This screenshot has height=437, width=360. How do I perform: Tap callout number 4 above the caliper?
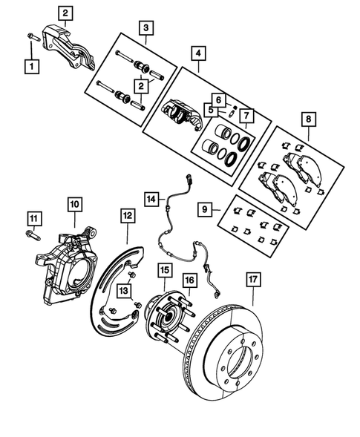pyautogui.click(x=198, y=53)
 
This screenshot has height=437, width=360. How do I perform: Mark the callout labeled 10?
pyautogui.click(x=75, y=202)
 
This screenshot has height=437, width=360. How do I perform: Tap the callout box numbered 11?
pyautogui.click(x=33, y=217)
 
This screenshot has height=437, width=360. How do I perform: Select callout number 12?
pyautogui.click(x=128, y=215)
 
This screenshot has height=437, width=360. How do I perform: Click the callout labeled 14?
pyautogui.click(x=151, y=198)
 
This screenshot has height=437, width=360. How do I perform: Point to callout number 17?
pyautogui.click(x=252, y=280)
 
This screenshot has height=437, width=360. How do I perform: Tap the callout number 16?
pyautogui.click(x=189, y=280)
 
